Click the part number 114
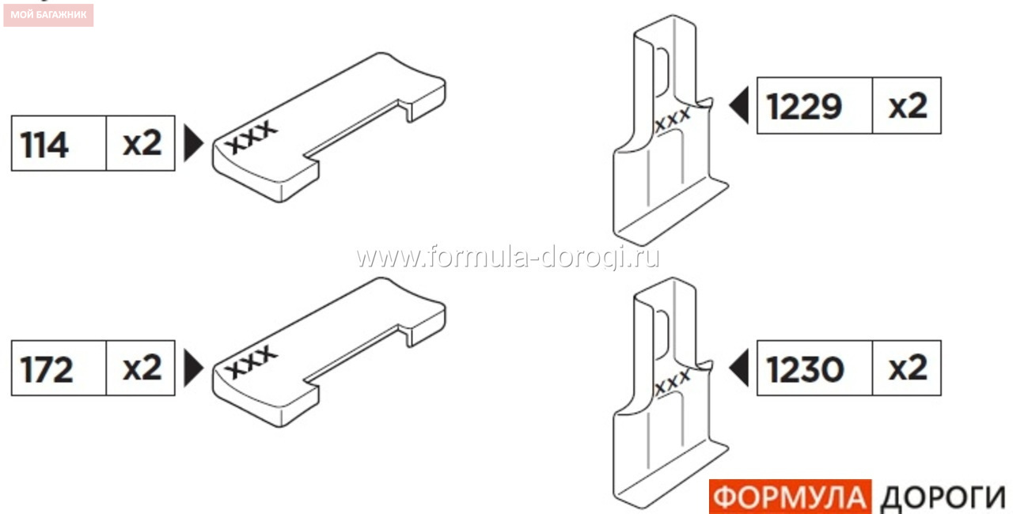44,145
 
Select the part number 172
46,369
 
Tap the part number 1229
805,107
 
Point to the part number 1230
806,369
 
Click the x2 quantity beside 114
142,143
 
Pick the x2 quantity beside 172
142,367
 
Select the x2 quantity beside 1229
908,106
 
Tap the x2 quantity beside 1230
908,368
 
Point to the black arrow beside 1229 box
739,105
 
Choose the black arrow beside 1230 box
739,368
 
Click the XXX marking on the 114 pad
252,136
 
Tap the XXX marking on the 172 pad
252,361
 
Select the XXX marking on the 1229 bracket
673,119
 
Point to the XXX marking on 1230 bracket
673,381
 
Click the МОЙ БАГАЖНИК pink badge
48,15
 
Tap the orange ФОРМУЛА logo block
790,497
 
